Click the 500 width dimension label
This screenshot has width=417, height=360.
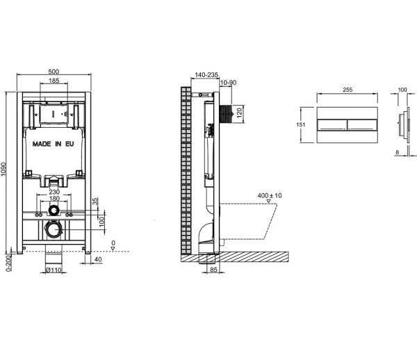(54, 71)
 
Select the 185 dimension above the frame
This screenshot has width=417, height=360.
(54, 82)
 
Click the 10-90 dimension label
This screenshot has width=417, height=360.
(227, 83)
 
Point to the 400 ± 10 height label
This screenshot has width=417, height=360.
(268, 196)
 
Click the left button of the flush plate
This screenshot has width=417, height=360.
(331, 125)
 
